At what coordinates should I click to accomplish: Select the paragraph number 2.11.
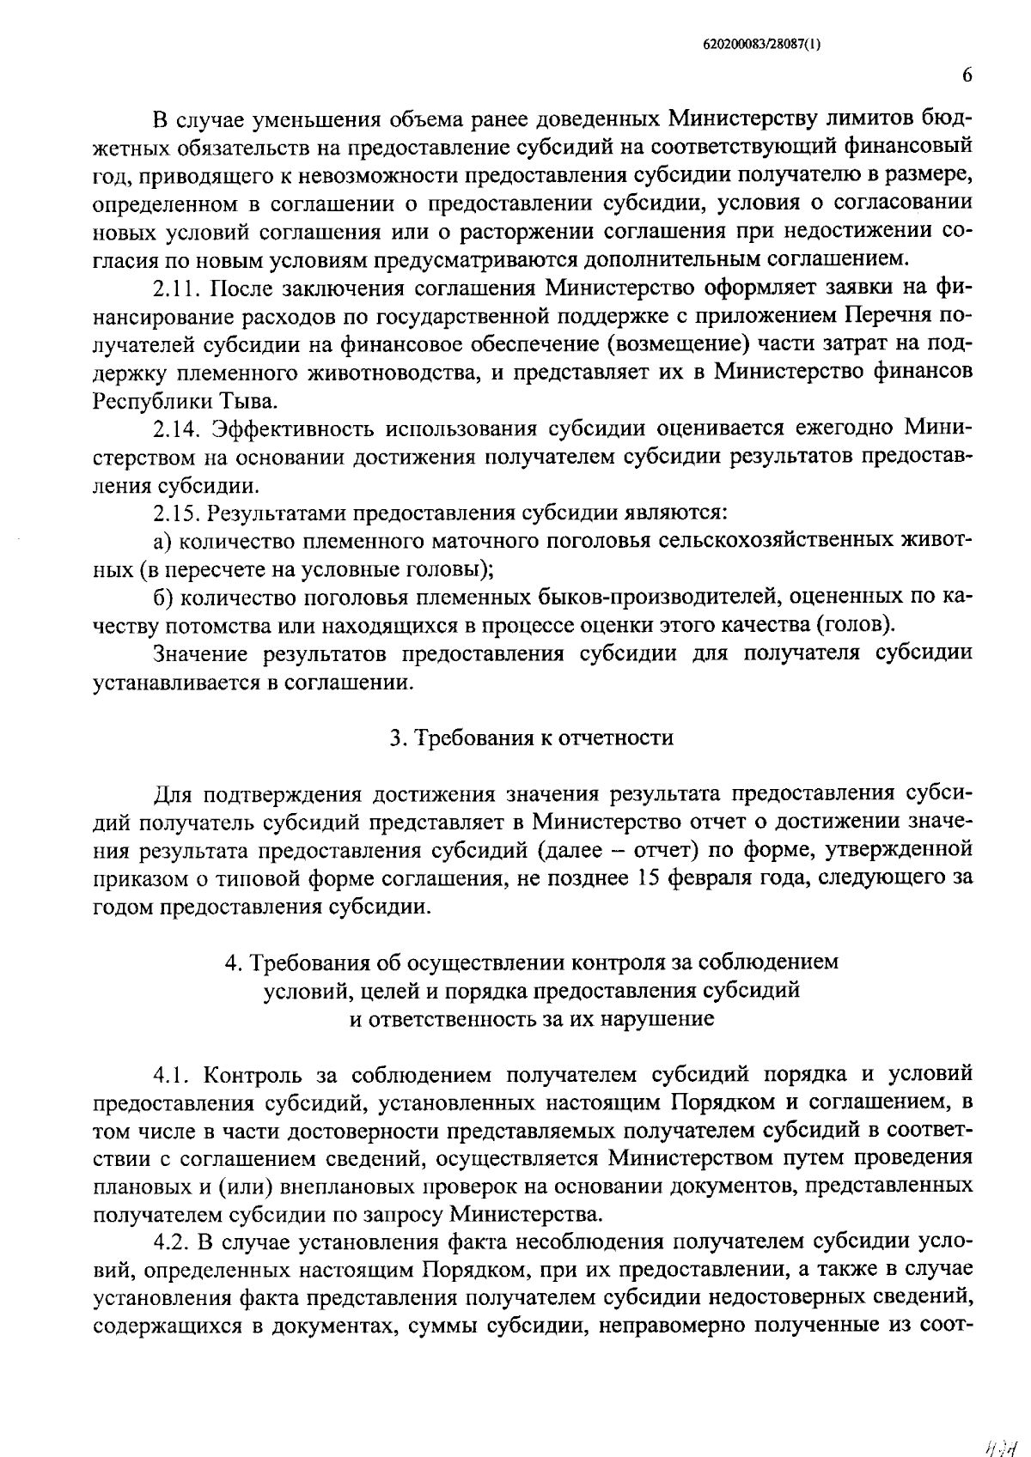click(x=176, y=287)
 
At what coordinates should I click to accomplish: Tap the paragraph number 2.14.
click(x=176, y=428)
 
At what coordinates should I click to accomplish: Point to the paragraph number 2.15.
click(x=176, y=513)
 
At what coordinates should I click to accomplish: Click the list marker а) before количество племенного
click(x=164, y=542)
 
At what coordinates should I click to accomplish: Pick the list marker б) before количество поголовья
click(x=164, y=597)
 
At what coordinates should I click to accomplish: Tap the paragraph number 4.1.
click(x=172, y=1075)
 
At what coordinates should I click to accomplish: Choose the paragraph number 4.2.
click(x=172, y=1243)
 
